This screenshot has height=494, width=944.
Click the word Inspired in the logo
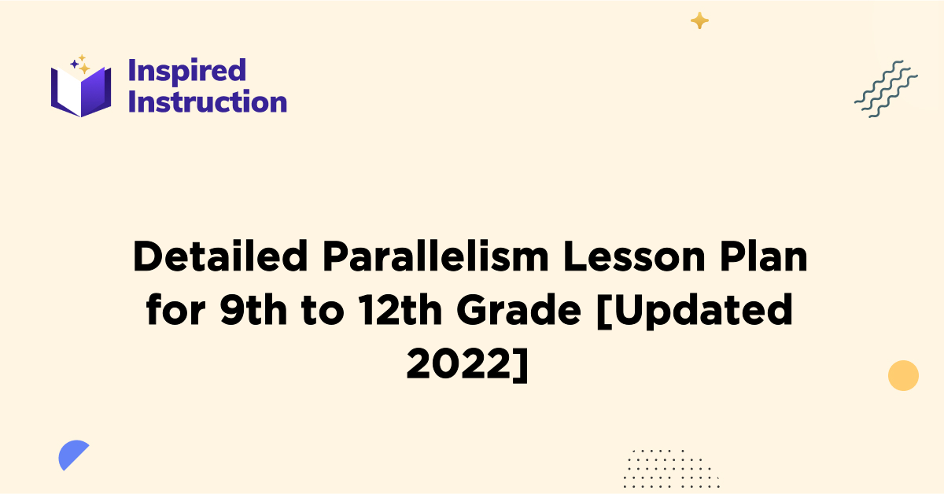coord(186,71)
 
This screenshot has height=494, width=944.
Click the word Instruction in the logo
coord(207,102)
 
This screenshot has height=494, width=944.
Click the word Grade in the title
coord(511,312)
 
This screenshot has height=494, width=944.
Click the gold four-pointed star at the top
coord(699,21)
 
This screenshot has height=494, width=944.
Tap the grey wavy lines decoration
coord(886,87)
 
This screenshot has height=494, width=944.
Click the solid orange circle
coord(903,375)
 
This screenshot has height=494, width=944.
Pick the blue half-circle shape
coord(72,455)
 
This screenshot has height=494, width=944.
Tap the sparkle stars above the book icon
coord(79,65)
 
